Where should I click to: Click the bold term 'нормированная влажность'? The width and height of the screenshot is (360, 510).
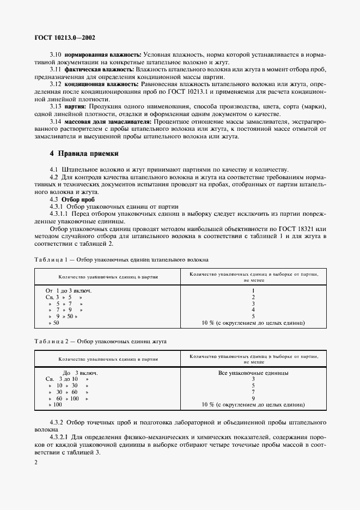point(103,56)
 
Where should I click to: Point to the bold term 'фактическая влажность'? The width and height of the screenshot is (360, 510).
point(99,70)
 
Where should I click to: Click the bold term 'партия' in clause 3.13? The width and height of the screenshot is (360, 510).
point(76,107)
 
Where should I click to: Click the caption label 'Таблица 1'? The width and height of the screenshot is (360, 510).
point(50,260)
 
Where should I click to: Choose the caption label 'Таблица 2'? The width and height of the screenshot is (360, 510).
point(50,341)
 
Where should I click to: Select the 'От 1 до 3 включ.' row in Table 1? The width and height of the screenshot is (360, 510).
point(69,290)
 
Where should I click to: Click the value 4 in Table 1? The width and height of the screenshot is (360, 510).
point(253,310)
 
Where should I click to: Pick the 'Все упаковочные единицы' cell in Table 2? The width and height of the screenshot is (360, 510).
point(253,373)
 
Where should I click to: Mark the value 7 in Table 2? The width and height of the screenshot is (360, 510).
point(253,392)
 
